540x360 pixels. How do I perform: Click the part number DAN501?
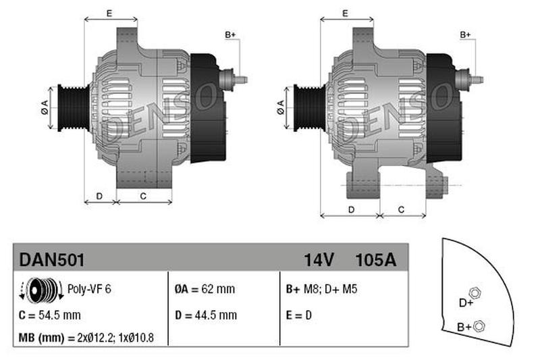(51, 259)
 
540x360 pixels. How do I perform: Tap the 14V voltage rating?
(319, 259)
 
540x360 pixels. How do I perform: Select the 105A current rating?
(375, 259)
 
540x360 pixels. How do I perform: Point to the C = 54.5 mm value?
(51, 315)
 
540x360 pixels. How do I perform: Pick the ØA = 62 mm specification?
(205, 289)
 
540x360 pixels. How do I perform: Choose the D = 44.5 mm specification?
(205, 315)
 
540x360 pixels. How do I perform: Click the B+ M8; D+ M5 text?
(321, 289)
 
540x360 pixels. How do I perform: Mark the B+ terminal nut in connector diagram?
(479, 328)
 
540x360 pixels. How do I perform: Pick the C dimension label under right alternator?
(401, 209)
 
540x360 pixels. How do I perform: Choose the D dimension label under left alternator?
(99, 196)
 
